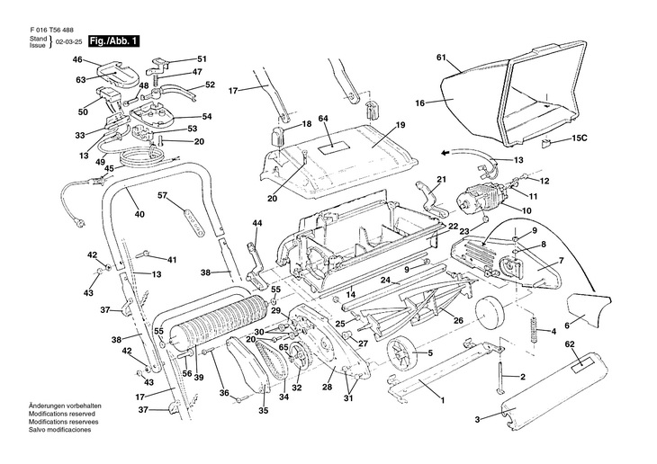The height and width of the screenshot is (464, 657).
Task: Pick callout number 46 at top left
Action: coord(77,60)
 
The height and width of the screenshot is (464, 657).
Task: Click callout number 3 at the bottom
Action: coord(477,418)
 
